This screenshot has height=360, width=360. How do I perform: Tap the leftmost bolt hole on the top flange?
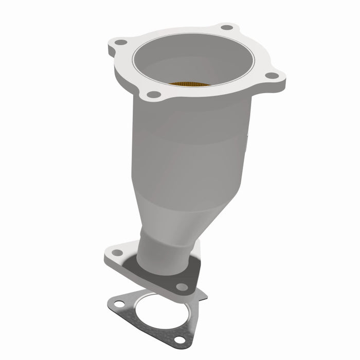click(x=120, y=42)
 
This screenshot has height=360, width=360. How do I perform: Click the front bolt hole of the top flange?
click(x=153, y=94)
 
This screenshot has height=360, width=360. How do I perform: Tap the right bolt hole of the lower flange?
click(x=181, y=286)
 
